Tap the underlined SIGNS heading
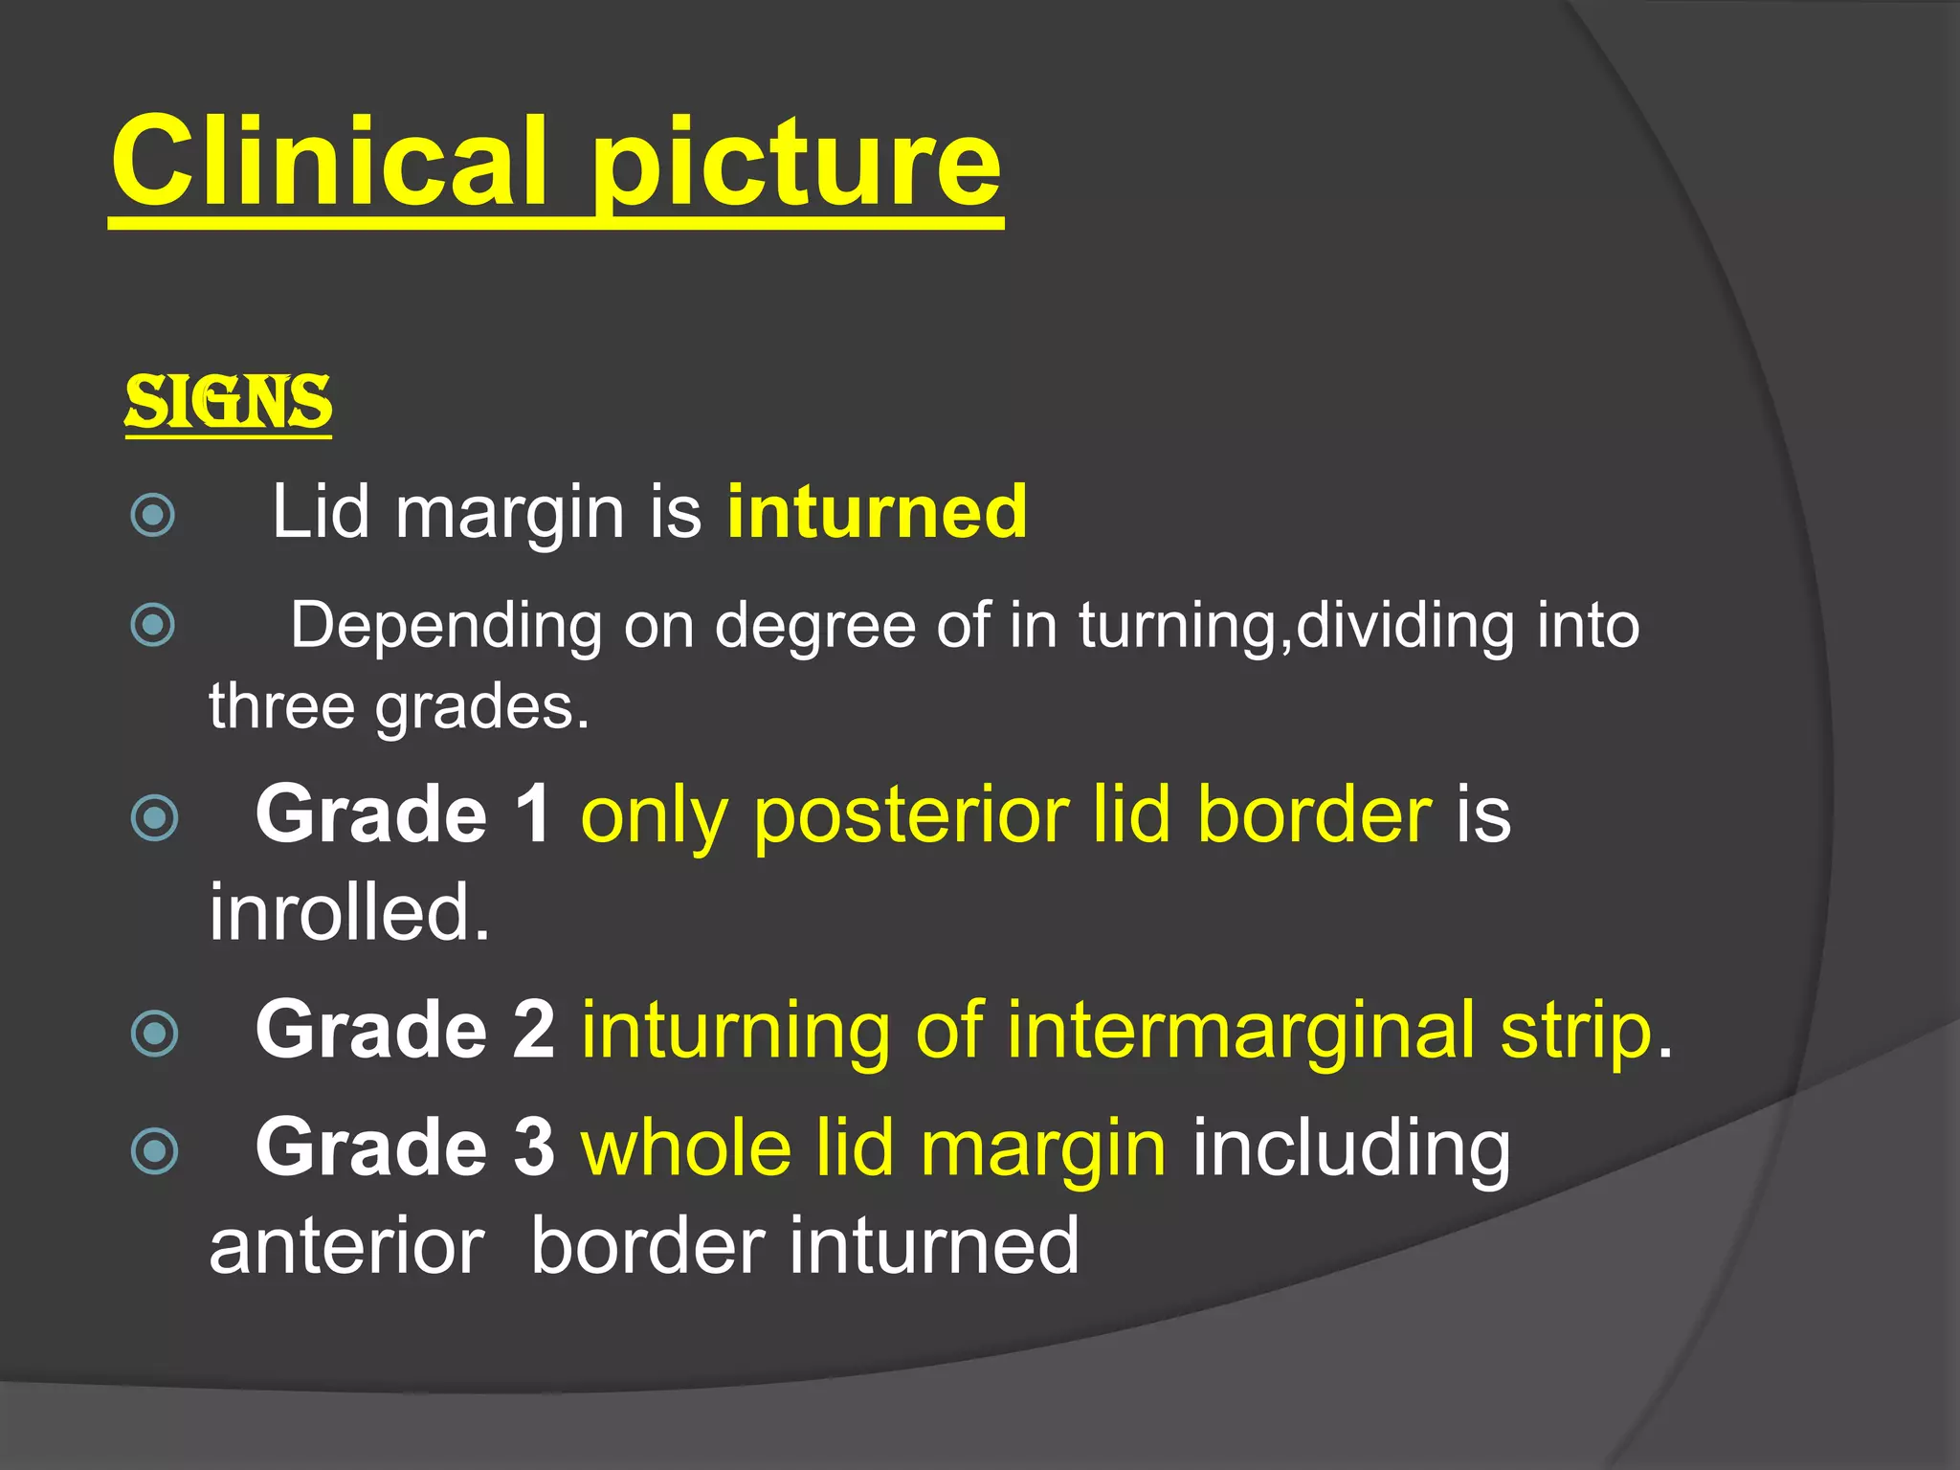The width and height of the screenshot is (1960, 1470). pyautogui.click(x=229, y=402)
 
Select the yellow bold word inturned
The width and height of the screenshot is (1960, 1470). pyautogui.click(x=877, y=512)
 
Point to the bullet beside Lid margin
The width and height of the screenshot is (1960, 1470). pyautogui.click(x=153, y=515)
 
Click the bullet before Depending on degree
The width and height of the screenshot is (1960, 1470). pyautogui.click(x=153, y=625)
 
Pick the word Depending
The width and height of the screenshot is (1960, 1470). pyautogui.click(x=446, y=627)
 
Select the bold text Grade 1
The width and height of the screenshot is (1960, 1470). pyautogui.click(x=403, y=814)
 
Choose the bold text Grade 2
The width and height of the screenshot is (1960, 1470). pyautogui.click(x=405, y=1030)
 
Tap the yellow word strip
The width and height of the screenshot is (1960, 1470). pyautogui.click(x=1576, y=1032)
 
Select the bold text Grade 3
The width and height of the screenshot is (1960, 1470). pyautogui.click(x=405, y=1147)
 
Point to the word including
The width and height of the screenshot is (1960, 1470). pyautogui.click(x=1350, y=1149)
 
